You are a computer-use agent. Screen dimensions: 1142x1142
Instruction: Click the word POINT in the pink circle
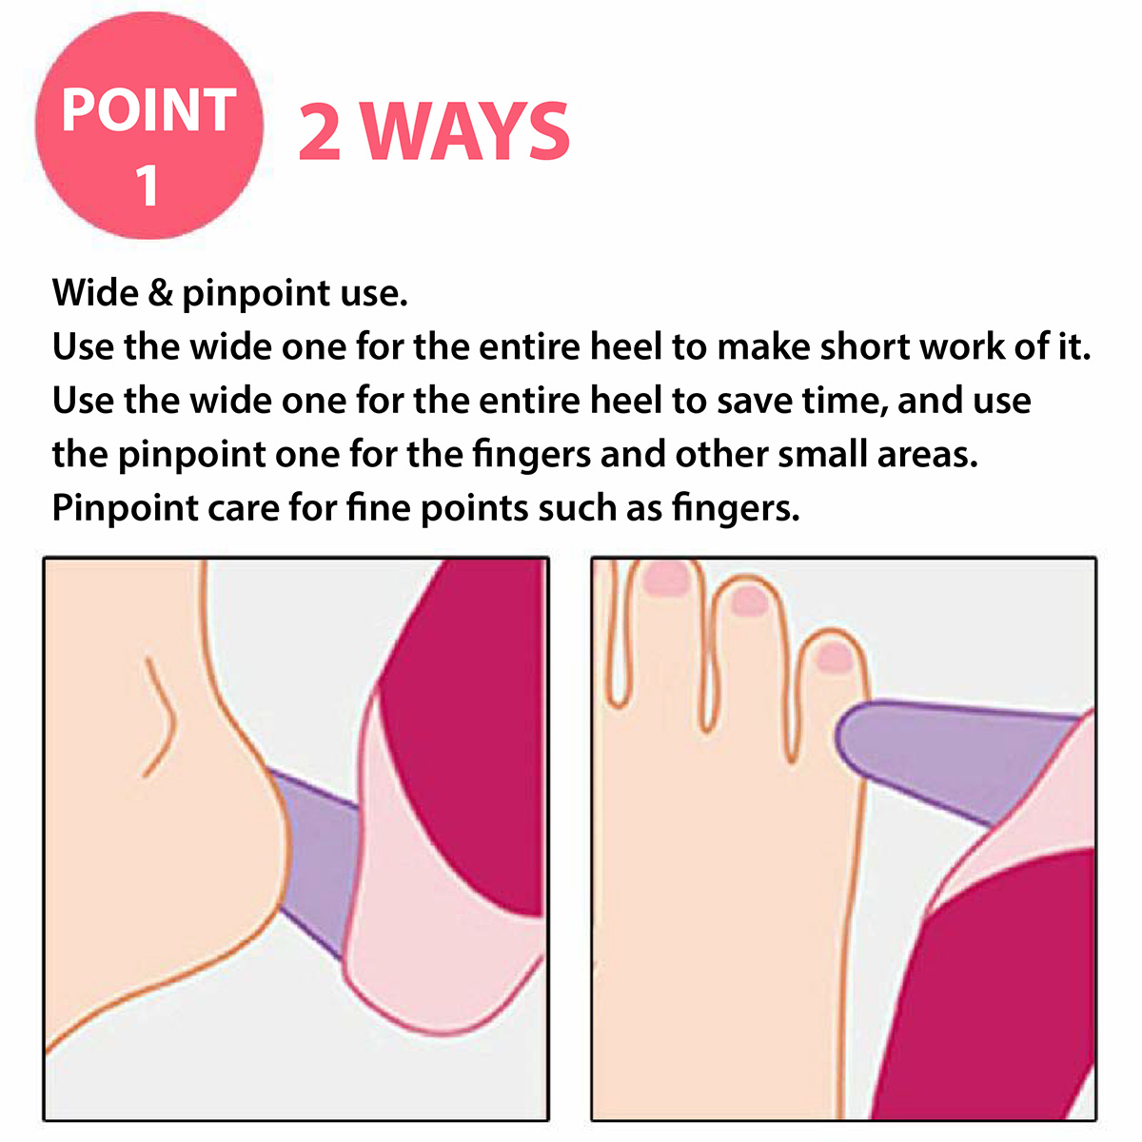coord(148,109)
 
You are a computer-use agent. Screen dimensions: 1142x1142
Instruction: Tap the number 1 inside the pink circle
coord(147,185)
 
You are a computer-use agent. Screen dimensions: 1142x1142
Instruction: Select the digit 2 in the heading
coord(320,131)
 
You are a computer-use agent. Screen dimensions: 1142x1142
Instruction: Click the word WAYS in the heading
coord(466,131)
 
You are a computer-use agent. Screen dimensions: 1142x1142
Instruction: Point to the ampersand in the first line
coord(160,293)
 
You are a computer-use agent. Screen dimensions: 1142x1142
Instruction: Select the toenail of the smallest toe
coord(835,658)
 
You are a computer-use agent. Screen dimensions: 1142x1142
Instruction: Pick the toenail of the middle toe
coord(749,601)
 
